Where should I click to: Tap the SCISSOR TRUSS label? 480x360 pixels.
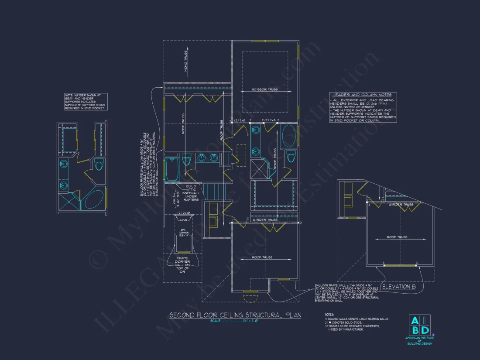pyautogui.click(x=265, y=90)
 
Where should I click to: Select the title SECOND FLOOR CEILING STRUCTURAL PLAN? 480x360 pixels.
pyautogui.click(x=235, y=315)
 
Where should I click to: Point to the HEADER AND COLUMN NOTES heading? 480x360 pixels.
pyautogui.click(x=362, y=95)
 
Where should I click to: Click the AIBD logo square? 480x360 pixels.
pyautogui.click(x=419, y=325)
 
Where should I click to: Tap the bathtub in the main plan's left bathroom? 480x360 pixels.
pyautogui.click(x=172, y=170)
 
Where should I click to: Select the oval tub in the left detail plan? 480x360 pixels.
pyautogui.click(x=94, y=199)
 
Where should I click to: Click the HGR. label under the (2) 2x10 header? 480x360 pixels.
pyautogui.click(x=184, y=220)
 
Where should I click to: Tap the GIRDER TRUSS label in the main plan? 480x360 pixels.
pyautogui.click(x=265, y=220)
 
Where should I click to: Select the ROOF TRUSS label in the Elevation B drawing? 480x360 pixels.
pyautogui.click(x=397, y=237)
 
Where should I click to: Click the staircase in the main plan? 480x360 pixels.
pyautogui.click(x=213, y=191)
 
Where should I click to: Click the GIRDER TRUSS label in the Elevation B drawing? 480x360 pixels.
pyautogui.click(x=401, y=204)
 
